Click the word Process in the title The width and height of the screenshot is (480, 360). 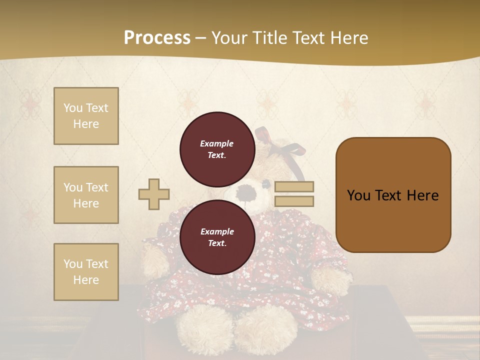[x=157, y=38]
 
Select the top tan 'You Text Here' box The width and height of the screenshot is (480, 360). [x=86, y=116]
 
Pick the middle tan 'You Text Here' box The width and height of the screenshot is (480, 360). [x=86, y=195]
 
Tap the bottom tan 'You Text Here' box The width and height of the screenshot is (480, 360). [x=86, y=272]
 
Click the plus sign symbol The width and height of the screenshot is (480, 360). [x=154, y=194]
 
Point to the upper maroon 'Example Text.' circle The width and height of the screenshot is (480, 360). [x=217, y=149]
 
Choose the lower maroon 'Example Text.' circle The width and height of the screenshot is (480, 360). [x=217, y=237]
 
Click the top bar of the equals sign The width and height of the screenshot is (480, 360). [x=294, y=186]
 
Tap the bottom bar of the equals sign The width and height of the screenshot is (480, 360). [x=294, y=201]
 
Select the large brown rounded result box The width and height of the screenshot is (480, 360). [x=393, y=195]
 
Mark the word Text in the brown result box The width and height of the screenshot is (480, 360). [x=392, y=195]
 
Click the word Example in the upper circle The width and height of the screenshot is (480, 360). [x=217, y=143]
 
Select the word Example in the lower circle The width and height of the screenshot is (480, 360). [x=217, y=231]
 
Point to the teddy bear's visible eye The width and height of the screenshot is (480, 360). [x=266, y=185]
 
